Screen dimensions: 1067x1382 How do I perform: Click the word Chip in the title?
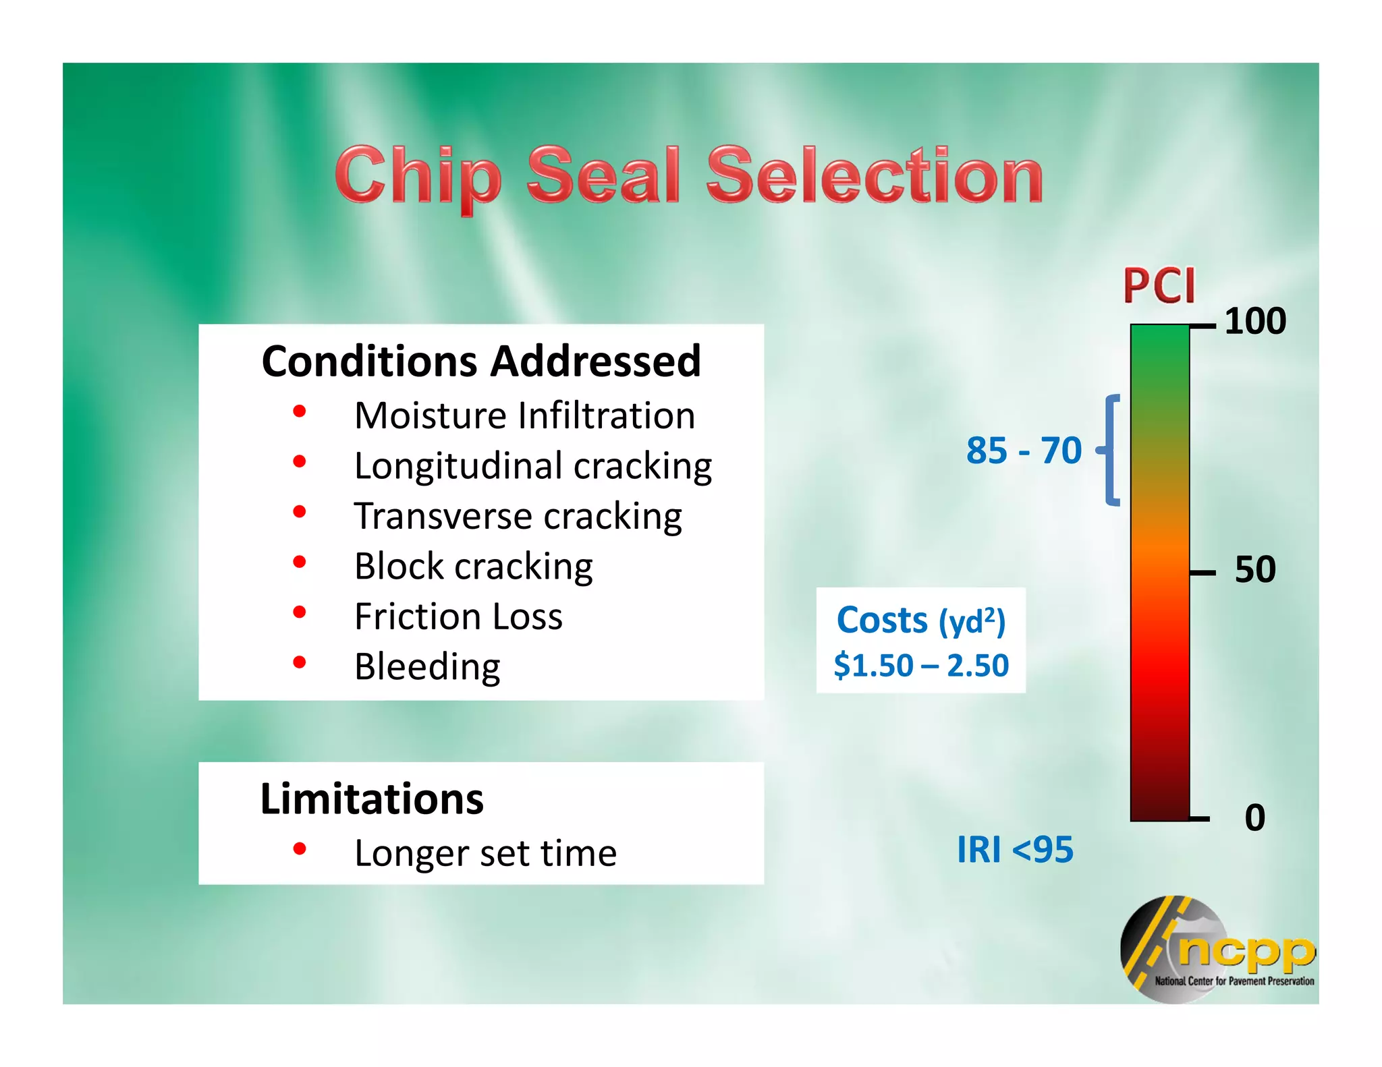[x=418, y=176]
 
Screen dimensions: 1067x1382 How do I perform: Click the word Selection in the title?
[x=875, y=176]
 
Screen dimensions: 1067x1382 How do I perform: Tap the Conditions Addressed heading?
[x=481, y=362]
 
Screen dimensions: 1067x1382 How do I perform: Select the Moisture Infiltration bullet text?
[x=524, y=415]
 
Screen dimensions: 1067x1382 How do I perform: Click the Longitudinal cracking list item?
[x=532, y=466]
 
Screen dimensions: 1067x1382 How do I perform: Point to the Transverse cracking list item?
[x=518, y=517]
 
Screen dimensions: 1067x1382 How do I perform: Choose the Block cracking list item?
[x=473, y=567]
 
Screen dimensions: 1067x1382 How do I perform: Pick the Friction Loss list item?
[x=458, y=616]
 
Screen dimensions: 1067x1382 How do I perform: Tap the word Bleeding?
[x=427, y=667]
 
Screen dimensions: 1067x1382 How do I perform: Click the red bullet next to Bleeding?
[x=300, y=662]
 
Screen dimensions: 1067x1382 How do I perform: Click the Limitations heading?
[x=372, y=799]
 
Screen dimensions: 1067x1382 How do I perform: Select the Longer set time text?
[x=485, y=853]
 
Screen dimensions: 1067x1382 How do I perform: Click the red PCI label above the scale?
[x=1159, y=286]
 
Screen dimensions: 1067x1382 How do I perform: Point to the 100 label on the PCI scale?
[x=1254, y=321]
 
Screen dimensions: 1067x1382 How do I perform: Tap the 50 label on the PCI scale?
[x=1254, y=570]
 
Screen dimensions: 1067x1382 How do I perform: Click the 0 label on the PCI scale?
[x=1254, y=817]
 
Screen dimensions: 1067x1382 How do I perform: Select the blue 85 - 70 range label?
[x=1024, y=451]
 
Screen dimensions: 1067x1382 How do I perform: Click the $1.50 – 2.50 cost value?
[x=921, y=666]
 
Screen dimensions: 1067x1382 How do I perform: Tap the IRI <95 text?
[x=1014, y=850]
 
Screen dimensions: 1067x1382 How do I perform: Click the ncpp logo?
[x=1218, y=950]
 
